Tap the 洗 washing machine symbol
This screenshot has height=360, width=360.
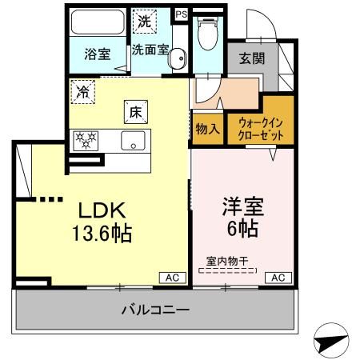click(144, 21)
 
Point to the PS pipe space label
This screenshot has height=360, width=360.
click(181, 14)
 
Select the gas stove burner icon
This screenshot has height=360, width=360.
click(86, 142)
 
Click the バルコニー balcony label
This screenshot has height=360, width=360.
click(155, 309)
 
